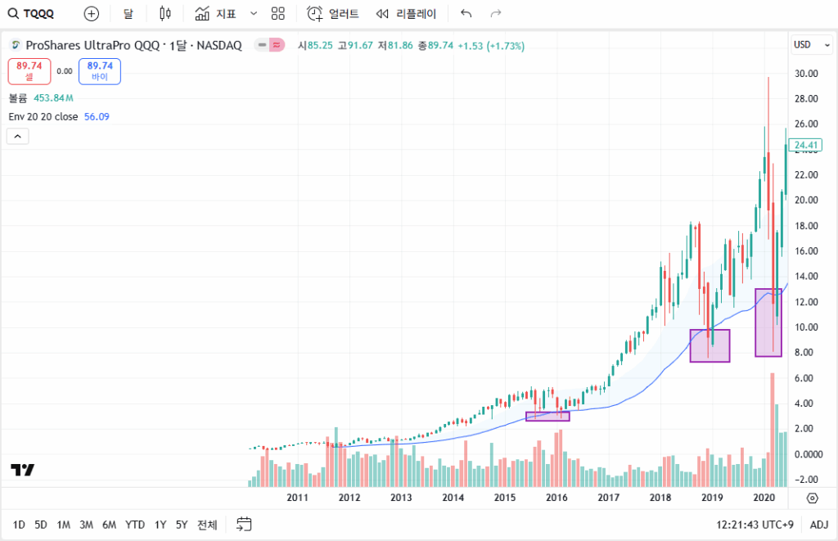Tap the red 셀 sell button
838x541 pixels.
point(29,71)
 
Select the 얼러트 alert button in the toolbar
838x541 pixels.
point(334,14)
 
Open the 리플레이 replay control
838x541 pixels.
point(406,14)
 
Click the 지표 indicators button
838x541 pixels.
point(217,14)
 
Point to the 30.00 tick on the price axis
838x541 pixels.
point(807,73)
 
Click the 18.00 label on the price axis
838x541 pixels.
point(807,226)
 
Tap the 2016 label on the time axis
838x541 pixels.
point(556,498)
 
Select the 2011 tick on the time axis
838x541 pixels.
point(297,498)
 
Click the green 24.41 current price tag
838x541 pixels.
point(807,146)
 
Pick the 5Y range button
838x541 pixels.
point(182,525)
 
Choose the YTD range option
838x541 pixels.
point(135,525)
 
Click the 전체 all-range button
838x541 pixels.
point(207,525)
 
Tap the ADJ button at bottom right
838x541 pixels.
point(818,525)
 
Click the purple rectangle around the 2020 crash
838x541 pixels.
point(768,322)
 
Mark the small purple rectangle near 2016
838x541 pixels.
point(547,416)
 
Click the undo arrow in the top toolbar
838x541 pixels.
point(466,14)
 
